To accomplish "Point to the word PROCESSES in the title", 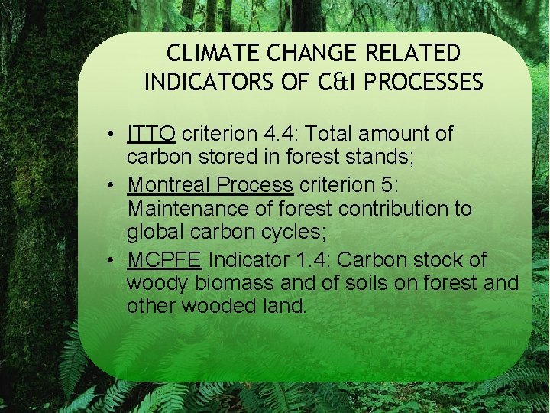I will pos(424,82).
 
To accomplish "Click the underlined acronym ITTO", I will pos(152,134).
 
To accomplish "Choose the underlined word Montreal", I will pos(169,184).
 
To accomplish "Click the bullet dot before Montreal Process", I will pos(112,185).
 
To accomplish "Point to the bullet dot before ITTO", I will pos(112,135).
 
